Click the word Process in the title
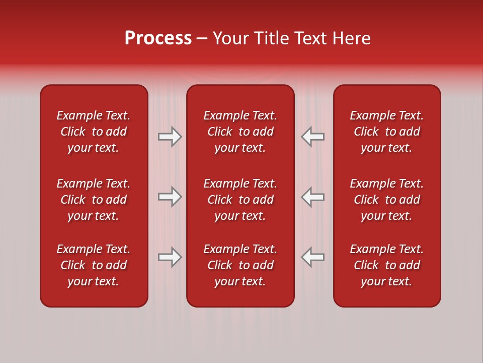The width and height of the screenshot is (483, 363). point(158,38)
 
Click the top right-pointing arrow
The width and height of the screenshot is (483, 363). point(170,137)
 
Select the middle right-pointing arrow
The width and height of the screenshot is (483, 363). point(170,197)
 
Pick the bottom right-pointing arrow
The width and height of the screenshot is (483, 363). point(170,257)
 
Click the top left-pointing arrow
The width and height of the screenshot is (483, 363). point(312,137)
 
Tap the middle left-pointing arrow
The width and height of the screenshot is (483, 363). point(312,197)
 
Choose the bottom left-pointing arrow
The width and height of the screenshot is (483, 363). point(312,257)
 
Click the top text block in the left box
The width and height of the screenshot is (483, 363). point(94,132)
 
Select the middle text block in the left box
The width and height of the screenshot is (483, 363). point(94,200)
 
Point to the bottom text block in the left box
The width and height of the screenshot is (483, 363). point(94,265)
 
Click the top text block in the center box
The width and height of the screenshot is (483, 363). point(240,132)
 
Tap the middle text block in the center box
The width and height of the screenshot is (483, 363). point(240,200)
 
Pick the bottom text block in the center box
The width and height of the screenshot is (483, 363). point(240,265)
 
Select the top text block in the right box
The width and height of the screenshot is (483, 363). point(386,132)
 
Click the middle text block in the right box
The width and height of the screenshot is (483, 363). point(386,200)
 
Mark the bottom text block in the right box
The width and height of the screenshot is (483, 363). point(386,265)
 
